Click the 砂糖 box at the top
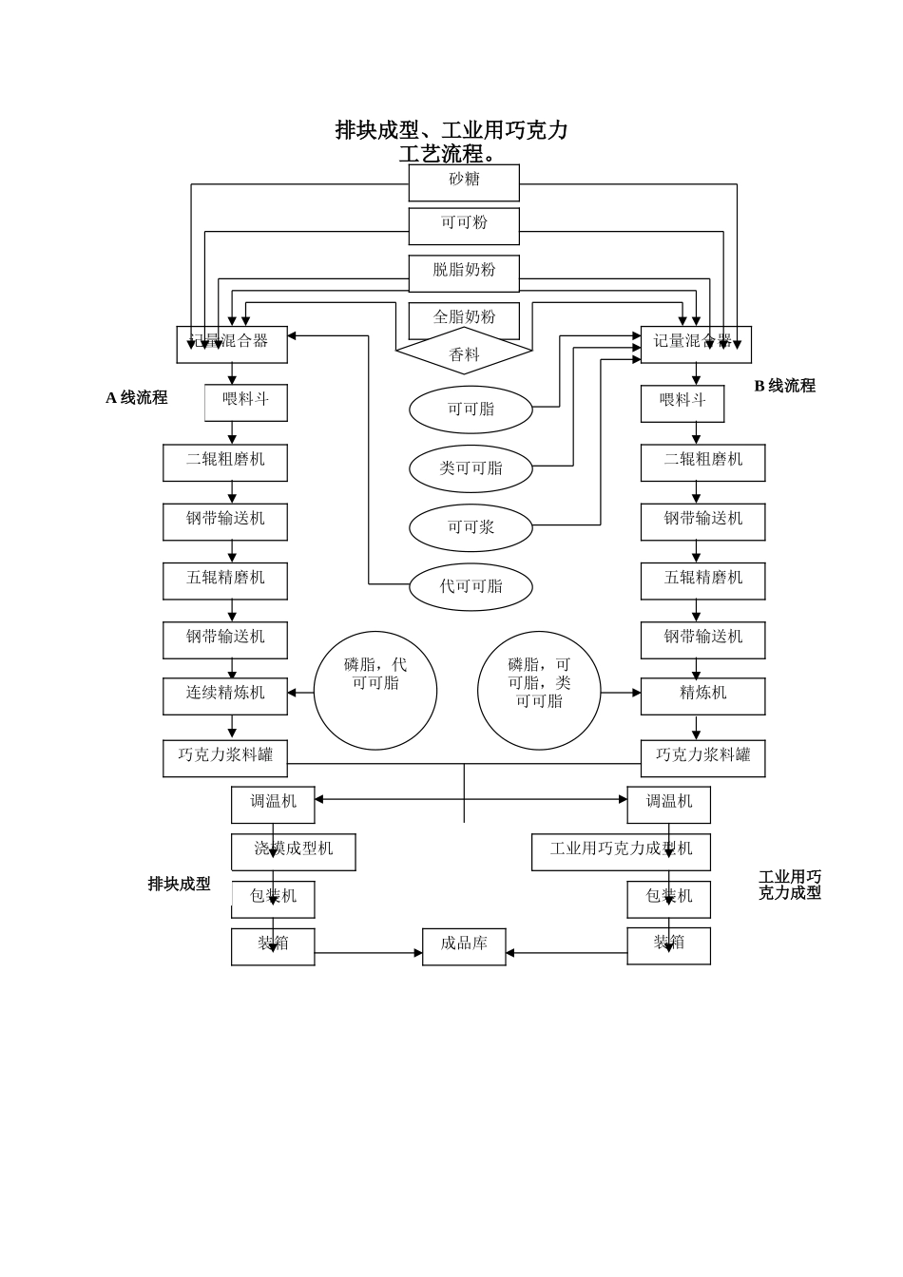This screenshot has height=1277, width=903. pos(464,182)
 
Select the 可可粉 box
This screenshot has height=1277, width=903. pos(464,226)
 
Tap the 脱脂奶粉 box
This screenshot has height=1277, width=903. pos(464,273)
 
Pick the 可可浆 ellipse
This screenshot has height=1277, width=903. pos(471,527)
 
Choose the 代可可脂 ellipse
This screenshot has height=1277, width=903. pos(471,586)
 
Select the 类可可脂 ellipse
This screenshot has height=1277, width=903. pos(471,468)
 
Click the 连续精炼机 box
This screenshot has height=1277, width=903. pos(225,696)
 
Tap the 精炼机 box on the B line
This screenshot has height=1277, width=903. pos(702,696)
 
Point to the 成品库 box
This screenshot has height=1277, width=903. pos(464,946)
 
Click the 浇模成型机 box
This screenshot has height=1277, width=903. pos(294,851)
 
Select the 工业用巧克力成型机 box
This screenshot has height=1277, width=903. pos(621,851)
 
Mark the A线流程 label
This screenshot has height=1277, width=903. pos(137,398)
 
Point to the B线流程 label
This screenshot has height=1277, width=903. pos(784,386)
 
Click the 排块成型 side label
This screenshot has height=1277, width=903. pos(179,885)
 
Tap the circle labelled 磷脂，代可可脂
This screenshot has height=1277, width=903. pos(375,691)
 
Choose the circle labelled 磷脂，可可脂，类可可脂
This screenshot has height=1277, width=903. pos(539,691)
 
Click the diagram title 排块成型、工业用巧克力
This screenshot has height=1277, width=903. pos(451,131)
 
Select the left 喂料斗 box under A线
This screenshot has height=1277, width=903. pos(246,402)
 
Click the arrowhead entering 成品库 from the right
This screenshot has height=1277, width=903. pos(510,953)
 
